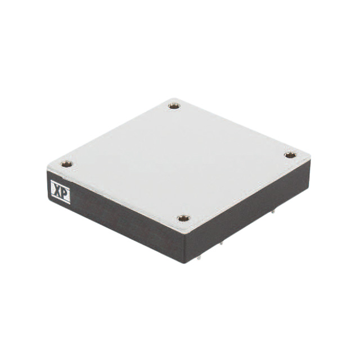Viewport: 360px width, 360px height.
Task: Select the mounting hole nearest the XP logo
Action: pos(66,164)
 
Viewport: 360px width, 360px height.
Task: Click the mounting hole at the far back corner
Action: pos(174,105)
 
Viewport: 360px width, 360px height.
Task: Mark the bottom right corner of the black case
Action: pos(309,188)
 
